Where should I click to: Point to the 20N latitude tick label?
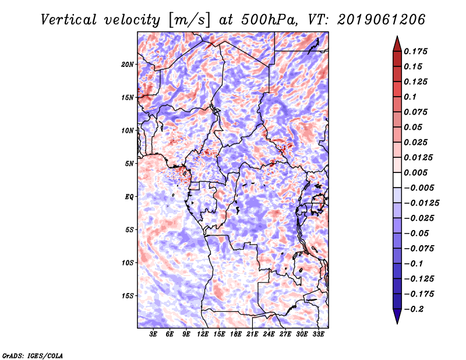[x=128, y=64]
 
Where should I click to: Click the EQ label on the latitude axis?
[x=130, y=197]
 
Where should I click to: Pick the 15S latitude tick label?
[x=128, y=296]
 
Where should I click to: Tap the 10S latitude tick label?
[x=128, y=263]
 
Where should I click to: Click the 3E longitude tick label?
[x=154, y=334]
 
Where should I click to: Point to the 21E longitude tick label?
[x=252, y=334]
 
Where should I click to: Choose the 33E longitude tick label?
[x=318, y=334]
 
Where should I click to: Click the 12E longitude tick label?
[x=203, y=334]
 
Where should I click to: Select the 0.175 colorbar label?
[x=417, y=52]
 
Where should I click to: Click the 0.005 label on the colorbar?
[x=417, y=172]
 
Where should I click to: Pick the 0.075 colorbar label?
[x=417, y=112]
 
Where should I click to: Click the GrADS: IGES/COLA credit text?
[x=33, y=355]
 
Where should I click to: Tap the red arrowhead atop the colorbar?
[x=397, y=43]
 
